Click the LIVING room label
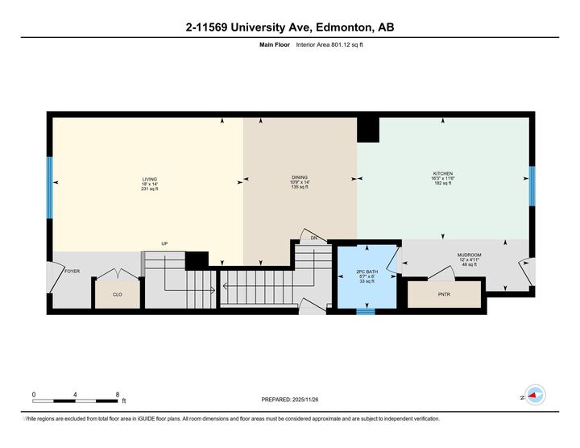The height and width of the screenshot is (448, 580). [149, 179]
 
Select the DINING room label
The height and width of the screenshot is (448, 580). [300, 177]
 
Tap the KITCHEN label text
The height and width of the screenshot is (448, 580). [443, 173]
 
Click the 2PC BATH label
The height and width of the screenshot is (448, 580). [366, 271]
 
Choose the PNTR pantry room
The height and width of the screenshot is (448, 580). [444, 295]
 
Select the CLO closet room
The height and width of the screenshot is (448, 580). [117, 295]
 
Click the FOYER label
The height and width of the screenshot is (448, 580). [72, 272]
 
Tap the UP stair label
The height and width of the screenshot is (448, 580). [164, 243]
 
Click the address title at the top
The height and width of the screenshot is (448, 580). [290, 28]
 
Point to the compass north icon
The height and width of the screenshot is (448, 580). [533, 395]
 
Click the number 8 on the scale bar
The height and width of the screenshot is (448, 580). [118, 394]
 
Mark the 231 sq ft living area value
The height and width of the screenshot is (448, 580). [149, 189]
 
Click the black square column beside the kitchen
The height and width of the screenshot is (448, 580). [368, 129]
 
